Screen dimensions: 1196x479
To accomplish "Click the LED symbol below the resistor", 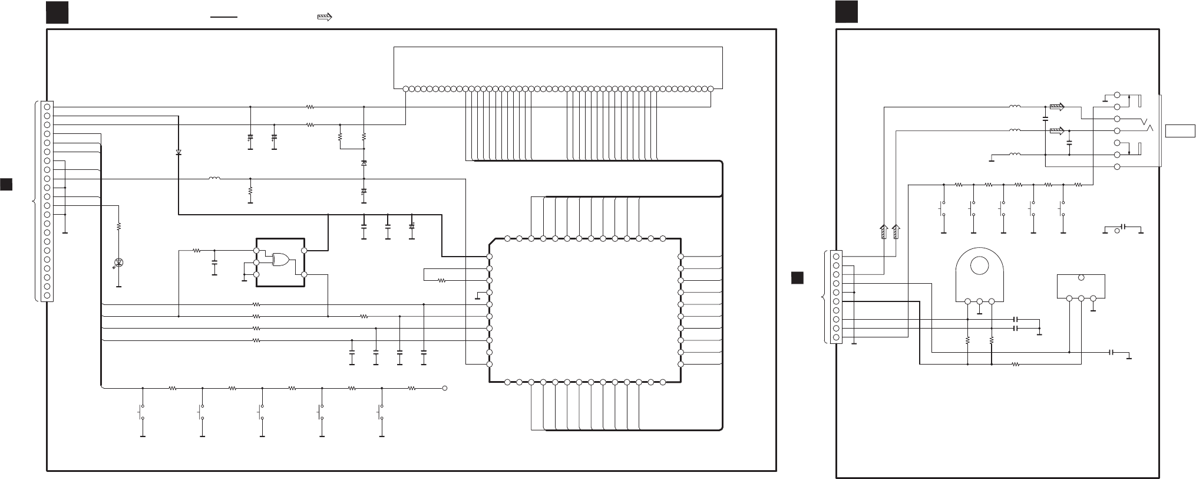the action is tap(119, 262).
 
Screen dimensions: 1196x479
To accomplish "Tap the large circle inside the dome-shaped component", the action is tap(979, 266).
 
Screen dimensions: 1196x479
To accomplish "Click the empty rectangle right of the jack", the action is tap(1180, 130).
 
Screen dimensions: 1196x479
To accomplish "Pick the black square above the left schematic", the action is tap(57, 13).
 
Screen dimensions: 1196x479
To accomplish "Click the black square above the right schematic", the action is tap(846, 13).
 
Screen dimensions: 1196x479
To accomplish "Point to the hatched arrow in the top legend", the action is tap(324, 17).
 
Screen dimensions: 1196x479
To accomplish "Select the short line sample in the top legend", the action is tap(224, 18).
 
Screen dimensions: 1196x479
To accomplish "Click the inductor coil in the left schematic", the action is tap(214, 178).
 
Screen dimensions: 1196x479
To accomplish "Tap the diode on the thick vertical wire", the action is tap(179, 152).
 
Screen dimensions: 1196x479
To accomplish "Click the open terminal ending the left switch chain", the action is tap(445, 388).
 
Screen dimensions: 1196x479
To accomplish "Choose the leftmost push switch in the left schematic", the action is tap(142, 412).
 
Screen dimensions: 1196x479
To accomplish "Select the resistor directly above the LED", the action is tap(119, 226).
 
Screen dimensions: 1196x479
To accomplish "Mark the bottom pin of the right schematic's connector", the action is tap(836, 337).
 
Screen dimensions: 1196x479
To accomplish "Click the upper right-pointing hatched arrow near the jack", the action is tap(1057, 107).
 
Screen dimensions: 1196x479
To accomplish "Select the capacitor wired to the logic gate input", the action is tap(214, 261).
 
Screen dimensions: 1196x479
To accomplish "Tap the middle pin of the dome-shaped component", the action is tap(979, 301).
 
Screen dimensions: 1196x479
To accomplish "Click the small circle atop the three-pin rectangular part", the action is tap(1081, 278).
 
